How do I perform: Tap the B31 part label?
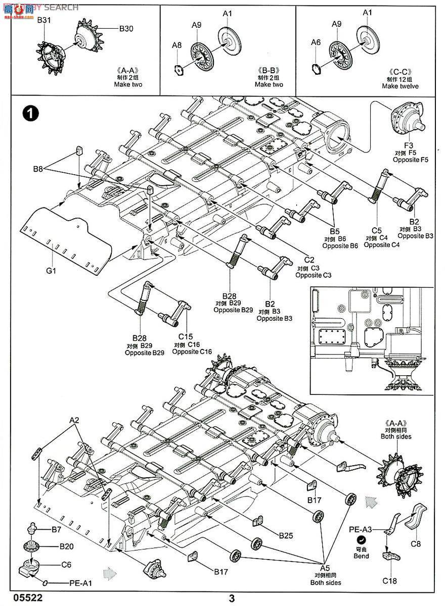(45, 20)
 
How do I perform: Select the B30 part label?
(126, 29)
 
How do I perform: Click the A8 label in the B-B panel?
(176, 45)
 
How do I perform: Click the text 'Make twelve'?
(400, 86)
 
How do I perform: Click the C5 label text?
(376, 230)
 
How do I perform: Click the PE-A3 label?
(360, 529)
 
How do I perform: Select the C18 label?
(389, 581)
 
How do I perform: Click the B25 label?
(287, 534)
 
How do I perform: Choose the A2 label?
(74, 420)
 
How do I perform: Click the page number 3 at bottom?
(232, 598)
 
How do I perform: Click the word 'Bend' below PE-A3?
(362, 555)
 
